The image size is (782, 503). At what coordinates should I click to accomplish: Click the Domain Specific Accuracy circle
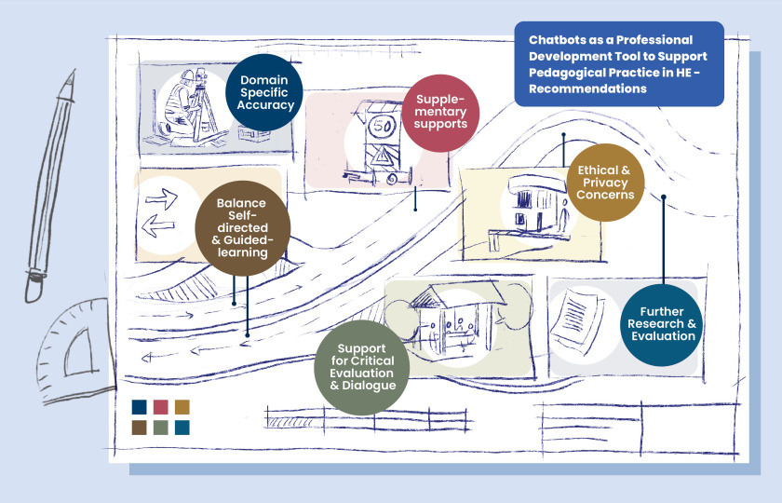tap(264, 93)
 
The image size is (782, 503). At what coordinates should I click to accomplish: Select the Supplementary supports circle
tap(440, 114)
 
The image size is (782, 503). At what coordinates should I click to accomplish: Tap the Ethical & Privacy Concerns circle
tap(605, 183)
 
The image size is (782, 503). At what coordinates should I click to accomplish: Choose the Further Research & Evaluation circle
tap(661, 325)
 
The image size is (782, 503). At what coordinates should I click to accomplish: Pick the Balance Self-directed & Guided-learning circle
tap(243, 228)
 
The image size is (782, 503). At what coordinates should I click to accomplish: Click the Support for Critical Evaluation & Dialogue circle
tap(362, 367)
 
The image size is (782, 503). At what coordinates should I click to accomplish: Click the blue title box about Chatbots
tap(619, 64)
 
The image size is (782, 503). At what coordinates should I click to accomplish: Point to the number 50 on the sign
tap(382, 127)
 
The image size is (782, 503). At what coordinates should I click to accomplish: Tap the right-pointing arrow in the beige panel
tap(162, 199)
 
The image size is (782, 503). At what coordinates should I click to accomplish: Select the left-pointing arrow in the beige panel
tap(157, 226)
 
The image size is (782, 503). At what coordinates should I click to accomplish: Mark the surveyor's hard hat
tap(187, 76)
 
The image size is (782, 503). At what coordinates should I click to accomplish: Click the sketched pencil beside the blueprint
tap(50, 185)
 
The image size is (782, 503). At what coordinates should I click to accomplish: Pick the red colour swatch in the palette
tap(160, 407)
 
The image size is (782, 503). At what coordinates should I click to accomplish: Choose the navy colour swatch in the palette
tap(139, 407)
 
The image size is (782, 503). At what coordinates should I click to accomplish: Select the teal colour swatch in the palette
tap(182, 428)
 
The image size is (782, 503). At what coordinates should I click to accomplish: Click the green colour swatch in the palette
tap(160, 428)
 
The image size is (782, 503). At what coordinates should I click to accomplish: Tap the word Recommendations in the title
tap(587, 88)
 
